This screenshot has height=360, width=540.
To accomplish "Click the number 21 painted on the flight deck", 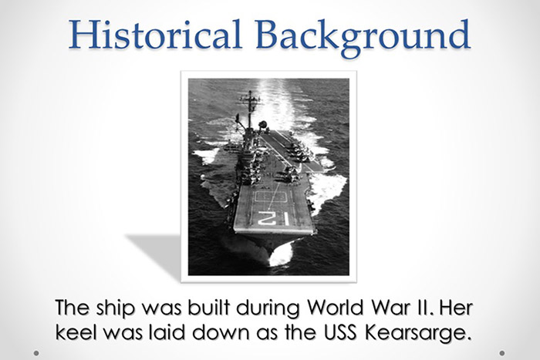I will [275, 219].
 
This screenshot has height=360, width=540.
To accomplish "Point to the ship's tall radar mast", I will [249, 108].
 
